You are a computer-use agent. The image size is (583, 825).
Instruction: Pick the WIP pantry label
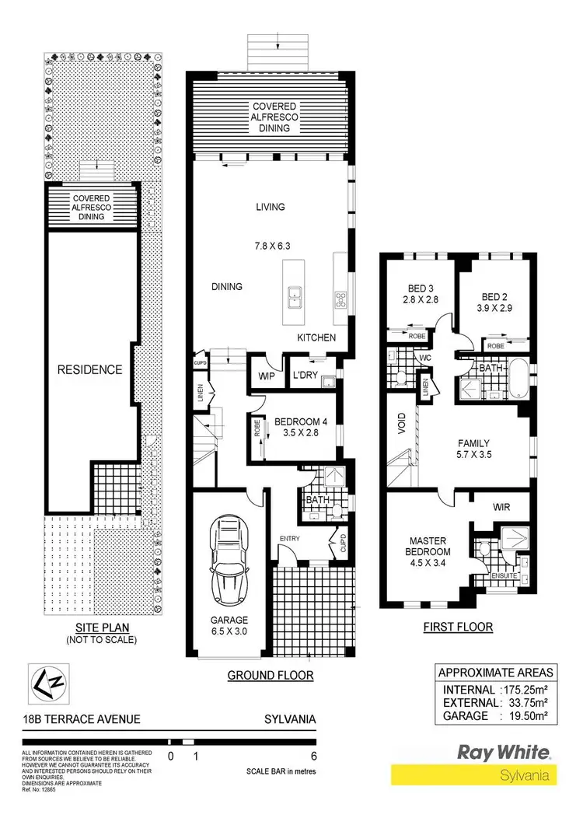click(267, 376)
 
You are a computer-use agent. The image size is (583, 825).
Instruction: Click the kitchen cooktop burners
click(340, 298)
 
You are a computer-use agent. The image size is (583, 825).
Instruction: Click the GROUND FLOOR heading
click(270, 676)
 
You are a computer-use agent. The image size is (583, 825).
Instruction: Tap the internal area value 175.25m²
click(524, 690)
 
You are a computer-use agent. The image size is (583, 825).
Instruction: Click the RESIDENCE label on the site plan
click(91, 369)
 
